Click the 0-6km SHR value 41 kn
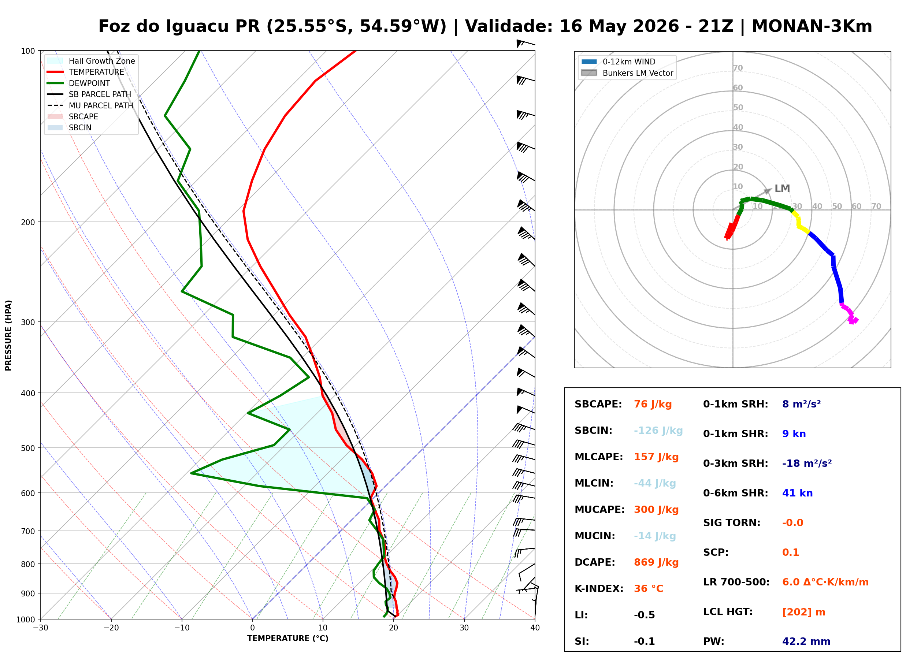coord(797,494)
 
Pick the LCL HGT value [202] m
coord(803,612)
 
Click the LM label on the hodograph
coord(782,189)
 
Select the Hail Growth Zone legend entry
coord(91,61)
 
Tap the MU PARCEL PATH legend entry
coord(90,105)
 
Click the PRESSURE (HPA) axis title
coord(8,335)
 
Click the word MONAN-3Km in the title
coord(812,26)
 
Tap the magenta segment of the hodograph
coord(850,314)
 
